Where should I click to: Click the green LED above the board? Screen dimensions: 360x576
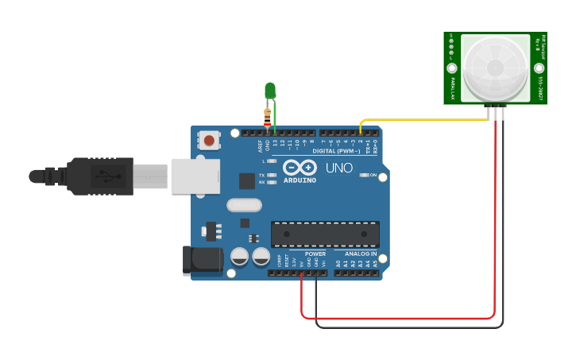pyautogui.click(x=270, y=90)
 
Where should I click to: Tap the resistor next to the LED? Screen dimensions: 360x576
pyautogui.click(x=267, y=116)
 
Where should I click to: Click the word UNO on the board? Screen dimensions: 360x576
pyautogui.click(x=339, y=168)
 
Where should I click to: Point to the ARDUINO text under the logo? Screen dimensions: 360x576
pyautogui.click(x=300, y=180)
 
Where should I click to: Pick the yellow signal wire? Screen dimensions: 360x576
pyautogui.click(x=429, y=120)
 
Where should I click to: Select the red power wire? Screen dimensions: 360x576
pyautogui.click(x=397, y=318)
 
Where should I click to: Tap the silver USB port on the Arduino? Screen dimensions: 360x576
pyautogui.click(x=195, y=176)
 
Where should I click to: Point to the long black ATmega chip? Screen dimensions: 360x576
pyautogui.click(x=325, y=234)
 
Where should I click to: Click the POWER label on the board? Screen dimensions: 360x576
pyautogui.click(x=315, y=254)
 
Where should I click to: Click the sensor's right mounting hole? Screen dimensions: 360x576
pyautogui.click(x=539, y=68)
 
